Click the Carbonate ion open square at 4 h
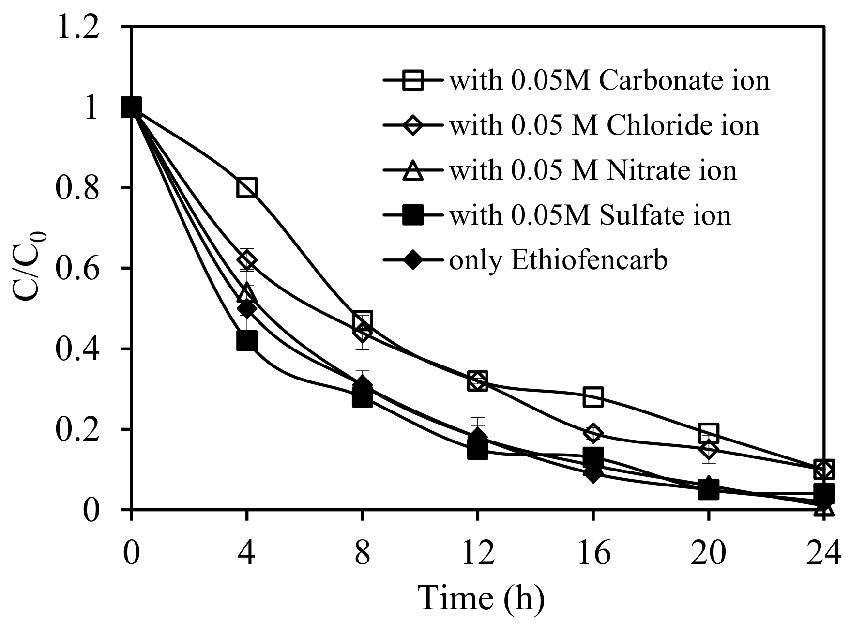tap(246, 187)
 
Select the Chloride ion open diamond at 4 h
tap(246, 260)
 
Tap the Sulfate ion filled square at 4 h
tap(246, 341)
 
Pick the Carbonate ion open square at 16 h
tap(593, 396)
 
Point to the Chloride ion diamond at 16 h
tap(593, 433)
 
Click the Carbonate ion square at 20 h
tap(708, 432)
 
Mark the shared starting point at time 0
tap(131, 107)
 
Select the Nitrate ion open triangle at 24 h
tap(824, 508)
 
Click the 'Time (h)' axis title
tap(481, 598)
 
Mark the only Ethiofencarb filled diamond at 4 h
tap(246, 308)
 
